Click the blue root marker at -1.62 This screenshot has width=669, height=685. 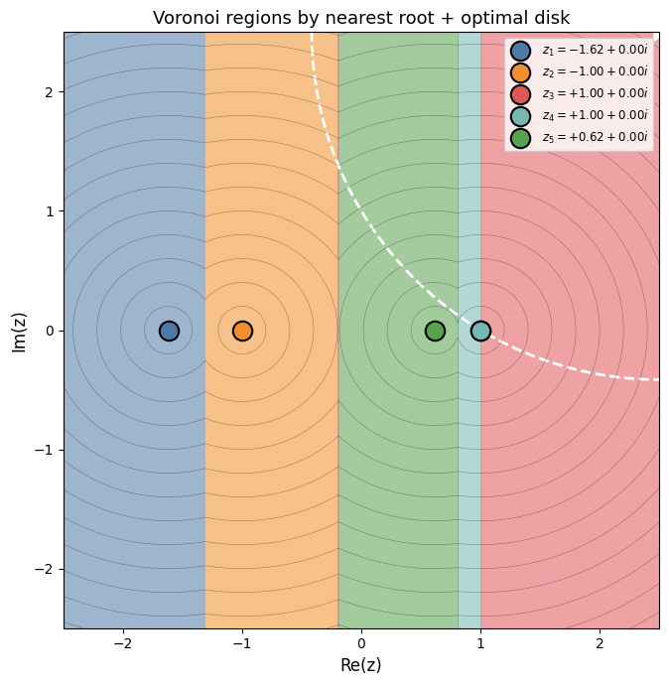coord(169,331)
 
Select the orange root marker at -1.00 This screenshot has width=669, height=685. coord(242,331)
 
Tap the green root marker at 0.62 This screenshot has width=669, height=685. coord(435,331)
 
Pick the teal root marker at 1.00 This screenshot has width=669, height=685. coord(480,331)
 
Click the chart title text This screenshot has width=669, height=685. coord(361,18)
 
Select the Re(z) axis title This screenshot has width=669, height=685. coord(361,665)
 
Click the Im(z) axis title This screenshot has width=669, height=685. coord(19,331)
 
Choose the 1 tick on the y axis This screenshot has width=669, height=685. coord(50,211)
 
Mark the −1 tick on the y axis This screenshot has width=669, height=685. coord(46,450)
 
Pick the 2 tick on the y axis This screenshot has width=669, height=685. coord(50,92)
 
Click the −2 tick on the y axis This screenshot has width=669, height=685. coord(46,569)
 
